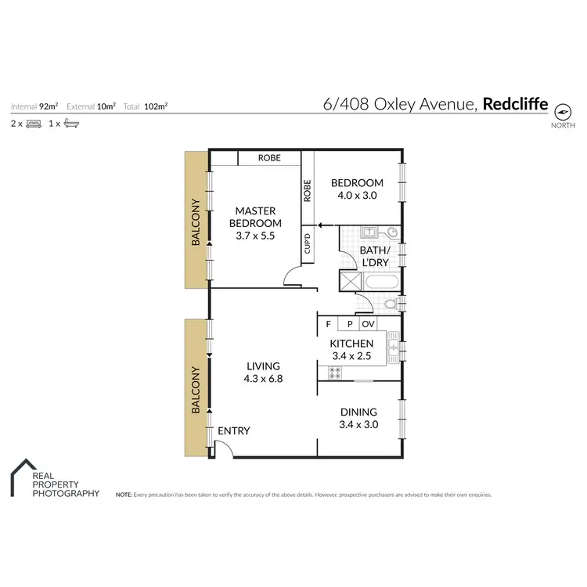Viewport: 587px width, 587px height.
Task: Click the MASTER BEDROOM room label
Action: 258,217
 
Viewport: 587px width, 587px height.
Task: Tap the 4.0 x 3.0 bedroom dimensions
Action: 357,196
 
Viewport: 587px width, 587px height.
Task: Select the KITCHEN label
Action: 351,344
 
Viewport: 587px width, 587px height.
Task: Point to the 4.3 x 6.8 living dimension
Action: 263,378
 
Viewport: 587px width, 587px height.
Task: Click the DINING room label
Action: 358,412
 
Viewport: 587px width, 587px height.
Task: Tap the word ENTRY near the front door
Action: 233,431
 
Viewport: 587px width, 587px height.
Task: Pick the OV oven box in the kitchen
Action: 369,323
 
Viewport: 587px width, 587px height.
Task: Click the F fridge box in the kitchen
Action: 328,323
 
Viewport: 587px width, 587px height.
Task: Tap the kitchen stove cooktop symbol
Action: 334,373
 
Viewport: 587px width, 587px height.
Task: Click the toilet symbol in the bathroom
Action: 391,304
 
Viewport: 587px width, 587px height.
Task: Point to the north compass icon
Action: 562,110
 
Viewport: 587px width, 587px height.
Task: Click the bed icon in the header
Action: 34,124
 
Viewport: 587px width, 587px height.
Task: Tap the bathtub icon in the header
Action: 70,124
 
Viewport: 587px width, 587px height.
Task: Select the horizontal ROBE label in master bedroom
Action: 268,158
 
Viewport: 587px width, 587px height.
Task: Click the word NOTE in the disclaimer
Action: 123,495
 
